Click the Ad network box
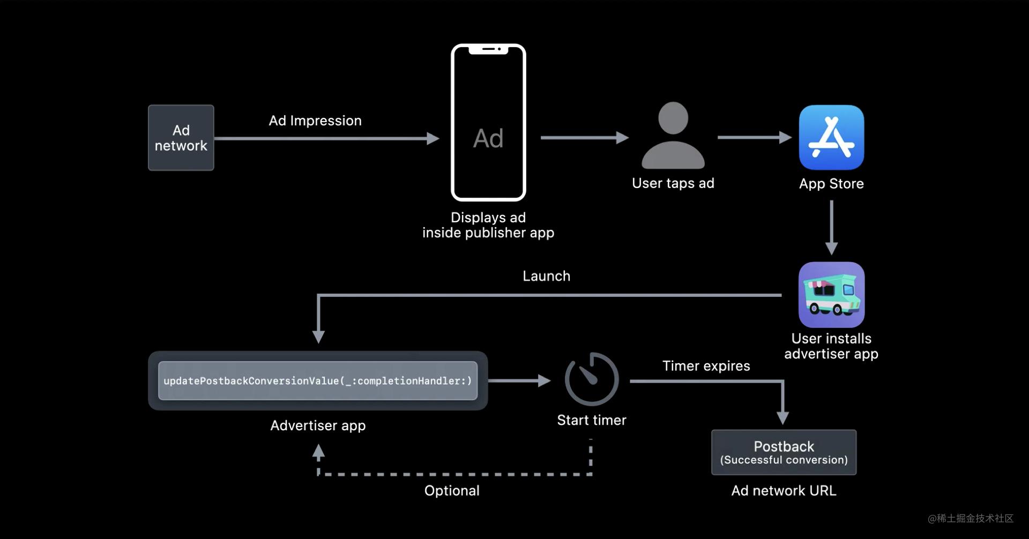(181, 138)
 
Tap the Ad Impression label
(315, 121)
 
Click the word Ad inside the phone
(488, 138)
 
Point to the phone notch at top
(488, 49)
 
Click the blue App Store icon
(831, 137)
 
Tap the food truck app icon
(831, 295)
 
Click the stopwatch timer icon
(592, 379)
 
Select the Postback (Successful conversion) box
(784, 452)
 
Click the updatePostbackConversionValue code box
(318, 381)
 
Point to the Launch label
(546, 276)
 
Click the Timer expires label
(706, 366)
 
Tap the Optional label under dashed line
(452, 491)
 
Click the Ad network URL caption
(784, 491)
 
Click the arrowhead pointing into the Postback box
(783, 417)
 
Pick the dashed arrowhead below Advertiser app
(318, 452)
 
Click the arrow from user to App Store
(754, 138)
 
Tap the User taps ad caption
(673, 183)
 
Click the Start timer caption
(592, 420)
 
